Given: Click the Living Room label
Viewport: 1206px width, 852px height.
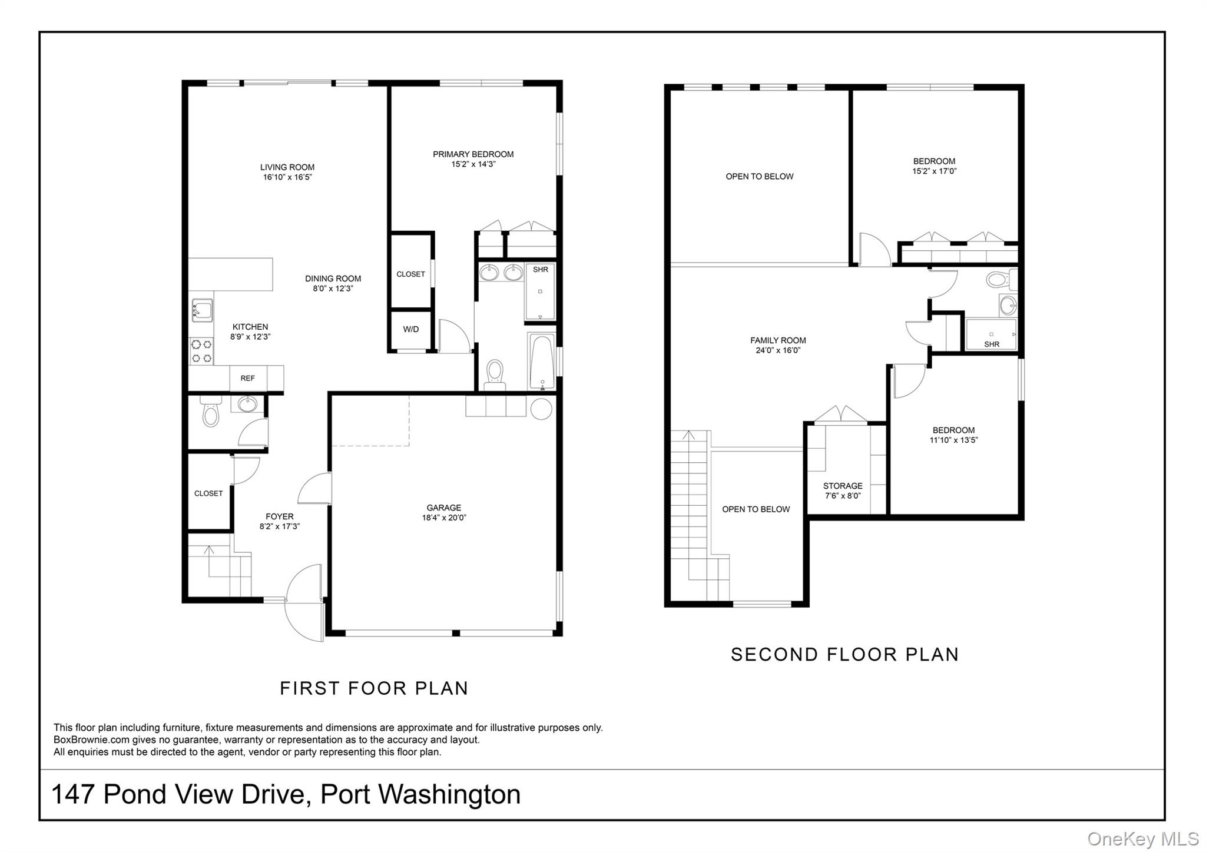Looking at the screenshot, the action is point(287,167).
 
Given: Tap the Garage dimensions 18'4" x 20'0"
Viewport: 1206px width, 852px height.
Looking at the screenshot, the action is point(444,518).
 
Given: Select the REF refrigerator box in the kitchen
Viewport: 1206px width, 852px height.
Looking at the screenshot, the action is point(247,379).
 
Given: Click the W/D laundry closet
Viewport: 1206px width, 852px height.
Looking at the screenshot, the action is point(411,329).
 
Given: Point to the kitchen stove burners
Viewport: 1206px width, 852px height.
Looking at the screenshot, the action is point(201,352).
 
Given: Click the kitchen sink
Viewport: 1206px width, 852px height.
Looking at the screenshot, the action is point(201,311).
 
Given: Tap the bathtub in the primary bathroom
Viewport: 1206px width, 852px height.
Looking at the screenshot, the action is point(542,362).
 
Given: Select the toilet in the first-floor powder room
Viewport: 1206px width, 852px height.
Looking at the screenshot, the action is point(210,412).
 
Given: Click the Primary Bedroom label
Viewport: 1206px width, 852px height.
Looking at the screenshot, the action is point(473,154).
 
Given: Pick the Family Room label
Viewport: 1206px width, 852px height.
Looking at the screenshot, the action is point(778,340).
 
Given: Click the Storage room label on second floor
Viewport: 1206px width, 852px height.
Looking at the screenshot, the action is point(843,486).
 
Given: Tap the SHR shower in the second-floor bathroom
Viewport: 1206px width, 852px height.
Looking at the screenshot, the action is point(992,335).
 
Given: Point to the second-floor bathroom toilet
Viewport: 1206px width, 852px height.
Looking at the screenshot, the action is point(1002,279).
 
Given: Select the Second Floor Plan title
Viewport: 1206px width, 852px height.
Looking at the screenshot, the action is point(845,655).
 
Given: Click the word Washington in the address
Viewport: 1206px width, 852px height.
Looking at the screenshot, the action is point(449,794).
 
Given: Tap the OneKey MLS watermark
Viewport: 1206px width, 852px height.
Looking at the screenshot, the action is point(1143,838).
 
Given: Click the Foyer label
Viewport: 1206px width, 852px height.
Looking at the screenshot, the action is point(280,517).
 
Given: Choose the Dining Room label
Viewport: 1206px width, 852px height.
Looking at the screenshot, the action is point(333,279).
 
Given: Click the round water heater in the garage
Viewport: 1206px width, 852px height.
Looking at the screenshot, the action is point(541,409).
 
